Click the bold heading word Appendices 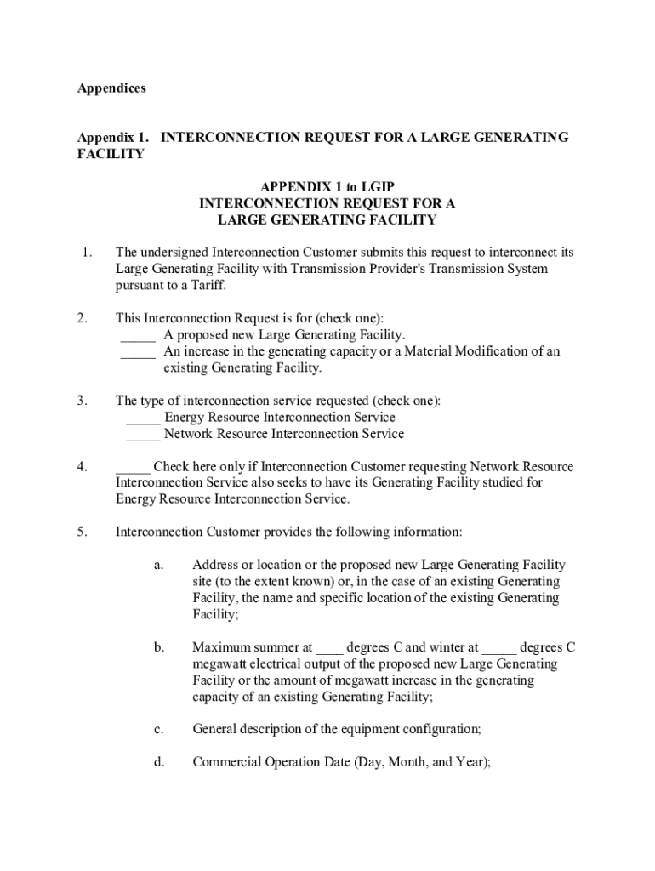click(x=111, y=88)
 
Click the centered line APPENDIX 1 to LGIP click(x=327, y=187)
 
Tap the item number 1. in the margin click(x=86, y=253)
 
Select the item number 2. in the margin click(x=82, y=319)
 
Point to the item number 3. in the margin click(x=82, y=401)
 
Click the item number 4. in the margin click(x=82, y=467)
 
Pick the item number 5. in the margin click(x=82, y=532)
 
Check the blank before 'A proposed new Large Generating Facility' click(x=138, y=337)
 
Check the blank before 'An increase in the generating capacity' click(x=138, y=353)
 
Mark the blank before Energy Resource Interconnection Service click(x=143, y=418)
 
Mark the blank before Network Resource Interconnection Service click(x=143, y=435)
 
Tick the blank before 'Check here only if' click(x=133, y=469)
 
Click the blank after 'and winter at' click(x=498, y=649)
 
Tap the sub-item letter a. click(x=158, y=566)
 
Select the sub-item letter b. click(x=159, y=647)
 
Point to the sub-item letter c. click(x=158, y=730)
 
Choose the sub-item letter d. click(x=159, y=762)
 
